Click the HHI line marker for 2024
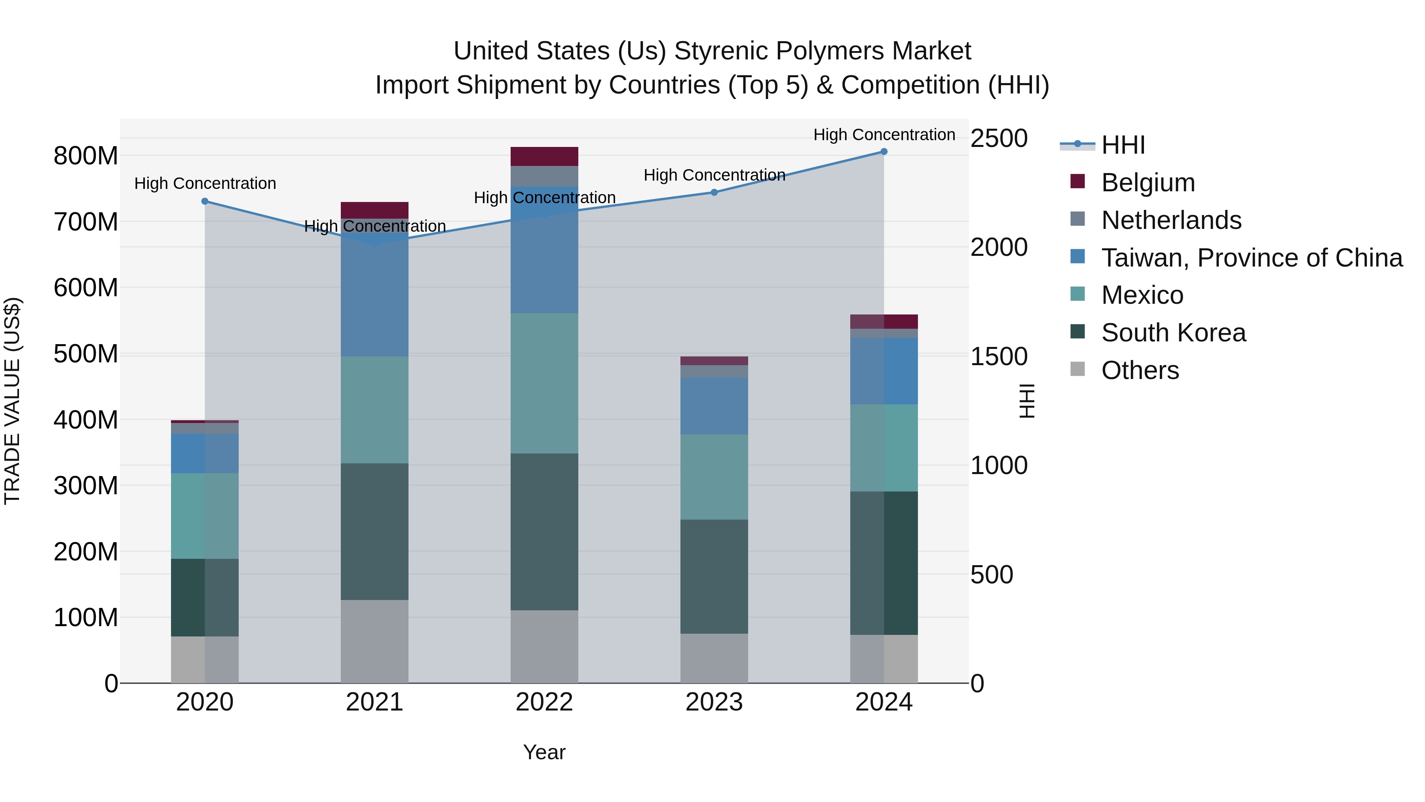click(x=883, y=152)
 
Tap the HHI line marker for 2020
click(x=205, y=202)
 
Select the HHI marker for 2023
click(x=714, y=192)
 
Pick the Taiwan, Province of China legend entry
click(x=1251, y=258)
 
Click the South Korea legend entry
click(x=1173, y=333)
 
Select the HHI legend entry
click(x=1123, y=145)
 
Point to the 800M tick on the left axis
click(x=86, y=156)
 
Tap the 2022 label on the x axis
click(x=544, y=702)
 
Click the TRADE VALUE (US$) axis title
click(x=12, y=401)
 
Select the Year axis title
click(x=544, y=752)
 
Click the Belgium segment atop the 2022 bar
click(x=544, y=156)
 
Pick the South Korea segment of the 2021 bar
click(x=374, y=531)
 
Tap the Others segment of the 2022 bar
click(x=544, y=646)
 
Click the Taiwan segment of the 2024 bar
click(x=883, y=371)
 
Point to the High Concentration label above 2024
click(x=883, y=135)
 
